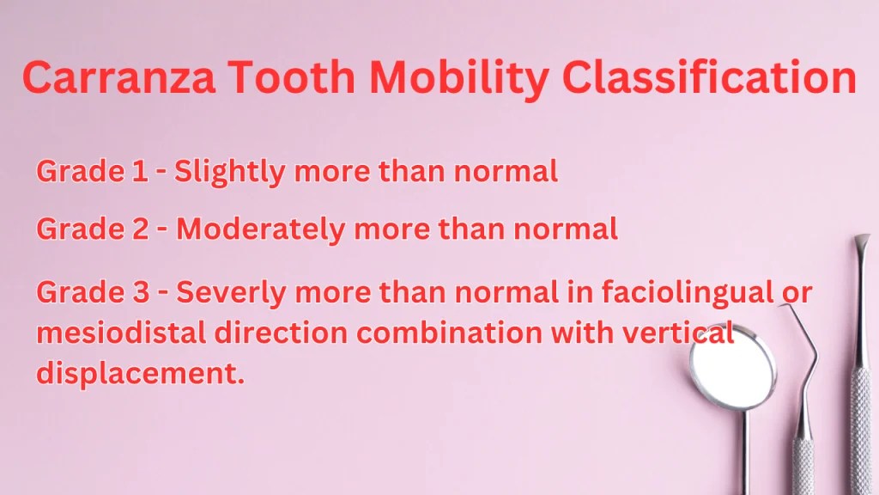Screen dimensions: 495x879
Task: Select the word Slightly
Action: click(x=230, y=173)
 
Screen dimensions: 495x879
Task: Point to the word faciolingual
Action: click(x=677, y=293)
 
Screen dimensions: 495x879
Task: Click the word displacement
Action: click(x=135, y=375)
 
